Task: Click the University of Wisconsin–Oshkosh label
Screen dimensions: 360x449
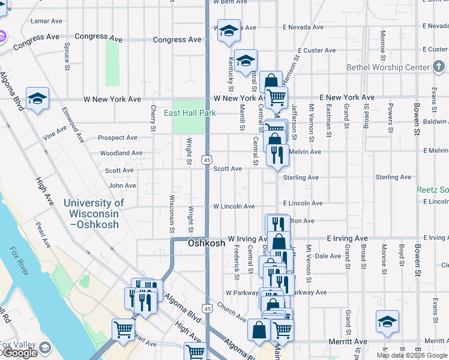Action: (93, 214)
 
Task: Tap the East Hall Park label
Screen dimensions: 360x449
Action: (190, 113)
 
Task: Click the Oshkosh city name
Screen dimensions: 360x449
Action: (206, 244)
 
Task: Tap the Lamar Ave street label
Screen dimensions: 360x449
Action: (46, 21)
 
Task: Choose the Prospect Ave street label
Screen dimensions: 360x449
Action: (118, 137)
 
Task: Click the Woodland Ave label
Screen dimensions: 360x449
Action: (121, 153)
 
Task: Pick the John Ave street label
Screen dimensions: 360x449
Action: (122, 186)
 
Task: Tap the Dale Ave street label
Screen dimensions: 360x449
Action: (328, 256)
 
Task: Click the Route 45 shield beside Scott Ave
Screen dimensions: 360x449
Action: (206, 160)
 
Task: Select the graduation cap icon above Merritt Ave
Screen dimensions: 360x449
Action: (387, 322)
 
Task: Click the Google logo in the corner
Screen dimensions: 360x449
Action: (19, 353)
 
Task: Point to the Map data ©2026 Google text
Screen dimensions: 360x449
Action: (411, 355)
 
